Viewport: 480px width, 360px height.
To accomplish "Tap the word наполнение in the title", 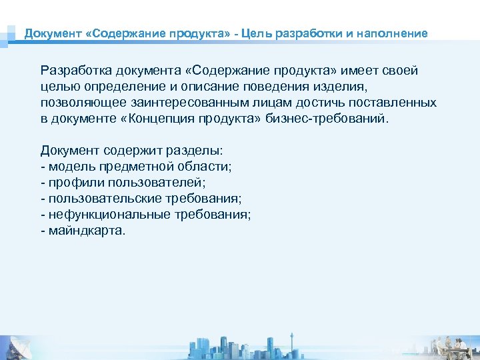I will click(x=393, y=33).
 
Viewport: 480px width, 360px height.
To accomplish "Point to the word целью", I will click(x=58, y=87).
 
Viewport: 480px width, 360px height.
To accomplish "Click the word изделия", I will click(x=345, y=87).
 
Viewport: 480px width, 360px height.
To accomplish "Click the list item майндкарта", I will click(x=85, y=231).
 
